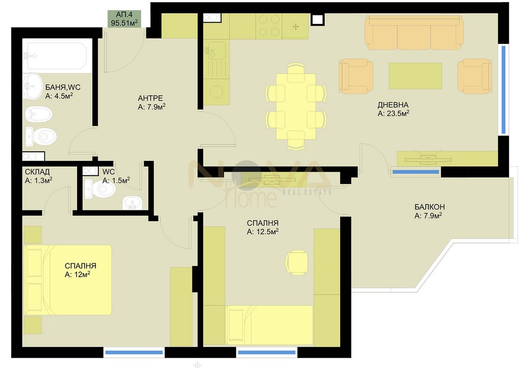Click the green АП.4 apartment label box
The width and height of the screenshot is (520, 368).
(124, 19)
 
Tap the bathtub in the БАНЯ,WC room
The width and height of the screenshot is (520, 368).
(57, 56)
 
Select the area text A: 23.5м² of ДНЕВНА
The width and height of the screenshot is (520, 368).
(393, 113)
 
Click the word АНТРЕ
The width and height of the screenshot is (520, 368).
(150, 98)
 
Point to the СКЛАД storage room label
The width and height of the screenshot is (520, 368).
(37, 172)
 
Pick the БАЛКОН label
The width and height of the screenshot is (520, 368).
(430, 207)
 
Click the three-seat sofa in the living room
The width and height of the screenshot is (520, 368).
(414, 33)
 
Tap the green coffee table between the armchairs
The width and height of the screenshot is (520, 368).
(415, 76)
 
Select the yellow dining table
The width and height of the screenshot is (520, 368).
(296, 106)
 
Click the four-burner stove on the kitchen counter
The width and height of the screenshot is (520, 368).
(269, 26)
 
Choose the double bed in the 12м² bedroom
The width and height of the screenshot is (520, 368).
(67, 280)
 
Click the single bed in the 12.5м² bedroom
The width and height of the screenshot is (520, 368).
(270, 325)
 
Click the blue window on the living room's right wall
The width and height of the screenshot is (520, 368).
(503, 90)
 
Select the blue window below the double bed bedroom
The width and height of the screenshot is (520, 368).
(134, 353)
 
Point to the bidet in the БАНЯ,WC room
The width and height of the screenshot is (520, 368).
(38, 114)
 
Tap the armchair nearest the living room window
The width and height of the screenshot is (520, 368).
(475, 76)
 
